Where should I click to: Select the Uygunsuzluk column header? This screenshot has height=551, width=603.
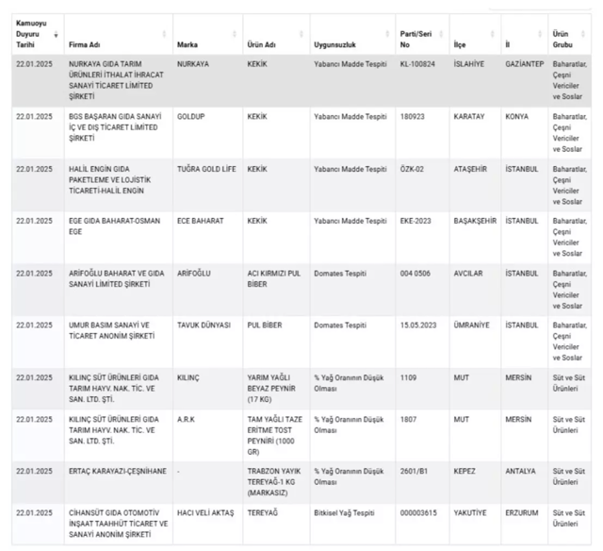(x=334, y=44)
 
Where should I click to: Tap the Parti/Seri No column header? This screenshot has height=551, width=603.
(x=412, y=39)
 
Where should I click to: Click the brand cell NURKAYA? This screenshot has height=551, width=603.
(x=194, y=63)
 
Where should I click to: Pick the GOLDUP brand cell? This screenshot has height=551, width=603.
(x=191, y=116)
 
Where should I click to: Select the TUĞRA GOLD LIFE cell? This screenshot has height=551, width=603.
(x=205, y=169)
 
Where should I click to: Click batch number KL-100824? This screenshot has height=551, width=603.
(x=417, y=63)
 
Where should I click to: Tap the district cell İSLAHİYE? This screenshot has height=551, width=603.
(x=470, y=63)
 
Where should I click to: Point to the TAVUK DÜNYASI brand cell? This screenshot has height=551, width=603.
(x=204, y=325)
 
